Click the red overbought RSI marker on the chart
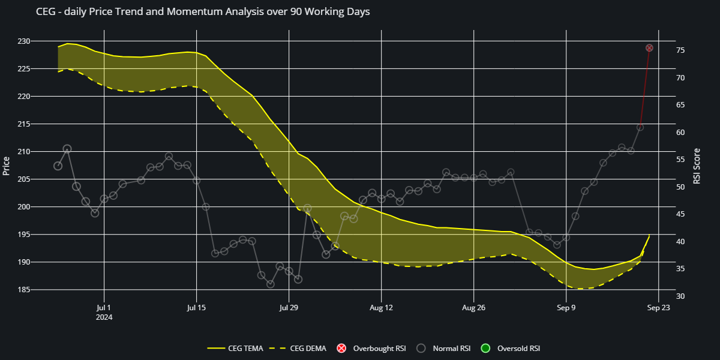click(x=649, y=48)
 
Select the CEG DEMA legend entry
click(x=308, y=348)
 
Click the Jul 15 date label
click(x=196, y=308)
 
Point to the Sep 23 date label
click(x=658, y=308)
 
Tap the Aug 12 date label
click(x=382, y=308)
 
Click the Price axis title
click(x=7, y=166)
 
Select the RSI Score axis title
click(x=697, y=166)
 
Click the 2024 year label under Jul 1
click(x=104, y=317)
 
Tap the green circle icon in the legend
click(x=486, y=348)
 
